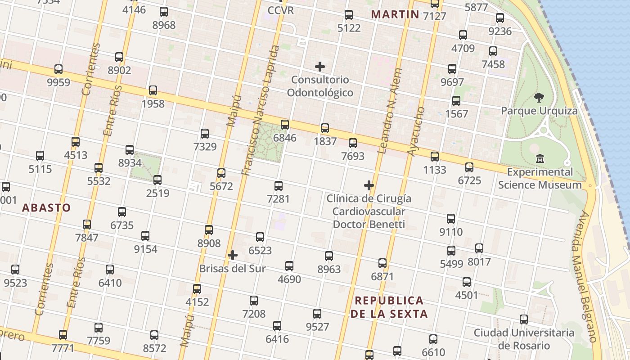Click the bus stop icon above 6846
(x=285, y=125)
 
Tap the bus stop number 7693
(x=353, y=157)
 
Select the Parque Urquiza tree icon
(x=539, y=98)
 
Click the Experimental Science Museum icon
(x=540, y=159)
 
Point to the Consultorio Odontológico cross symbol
(x=320, y=67)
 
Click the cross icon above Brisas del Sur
(x=233, y=256)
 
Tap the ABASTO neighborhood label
(x=46, y=207)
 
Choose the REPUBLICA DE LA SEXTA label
(x=389, y=307)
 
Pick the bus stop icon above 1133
(x=435, y=157)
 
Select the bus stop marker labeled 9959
(x=58, y=69)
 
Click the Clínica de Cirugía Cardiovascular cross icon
(x=369, y=185)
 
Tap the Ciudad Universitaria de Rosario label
(x=524, y=339)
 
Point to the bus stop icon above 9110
(x=451, y=219)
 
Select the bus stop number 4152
(x=197, y=302)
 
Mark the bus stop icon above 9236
(x=500, y=18)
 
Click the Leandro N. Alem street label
(x=389, y=111)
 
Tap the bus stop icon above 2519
(x=157, y=180)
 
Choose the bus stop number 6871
(x=382, y=276)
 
